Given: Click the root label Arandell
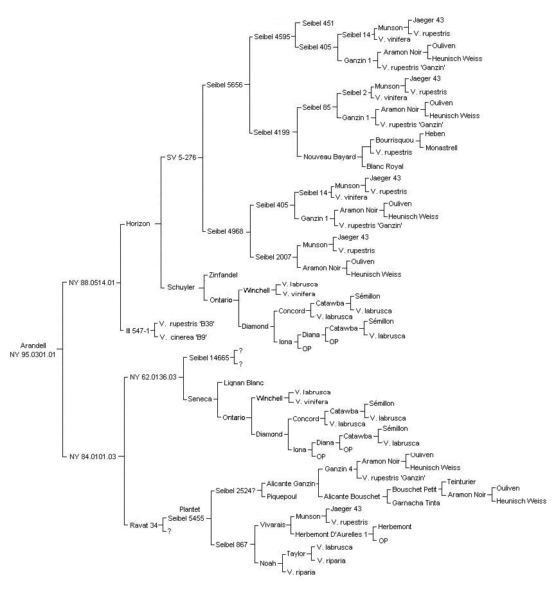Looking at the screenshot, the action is [33, 345].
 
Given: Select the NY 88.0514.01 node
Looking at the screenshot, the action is [91, 283].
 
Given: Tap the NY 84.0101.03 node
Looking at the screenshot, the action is [93, 457].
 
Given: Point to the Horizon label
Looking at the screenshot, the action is [138, 223].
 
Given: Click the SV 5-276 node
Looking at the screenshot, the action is [181, 157].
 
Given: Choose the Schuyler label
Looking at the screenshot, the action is [181, 287].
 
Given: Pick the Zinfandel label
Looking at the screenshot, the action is [223, 275].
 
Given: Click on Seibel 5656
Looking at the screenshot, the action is [224, 85].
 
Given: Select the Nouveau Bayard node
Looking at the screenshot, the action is [330, 157].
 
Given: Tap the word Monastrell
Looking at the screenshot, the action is [442, 148].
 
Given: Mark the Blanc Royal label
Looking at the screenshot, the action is [385, 166].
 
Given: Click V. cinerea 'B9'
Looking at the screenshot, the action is [183, 337].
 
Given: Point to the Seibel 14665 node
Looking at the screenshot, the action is [210, 358].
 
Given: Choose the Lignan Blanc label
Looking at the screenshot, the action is [244, 383].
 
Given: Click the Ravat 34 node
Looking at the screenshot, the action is [144, 525].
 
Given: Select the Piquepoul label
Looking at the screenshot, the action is [282, 496].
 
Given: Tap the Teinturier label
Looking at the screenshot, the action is [461, 482].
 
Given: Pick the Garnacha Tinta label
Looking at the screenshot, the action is [416, 503].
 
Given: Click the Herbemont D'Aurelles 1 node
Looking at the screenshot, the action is [331, 534].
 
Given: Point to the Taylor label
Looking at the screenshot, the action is [296, 554].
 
